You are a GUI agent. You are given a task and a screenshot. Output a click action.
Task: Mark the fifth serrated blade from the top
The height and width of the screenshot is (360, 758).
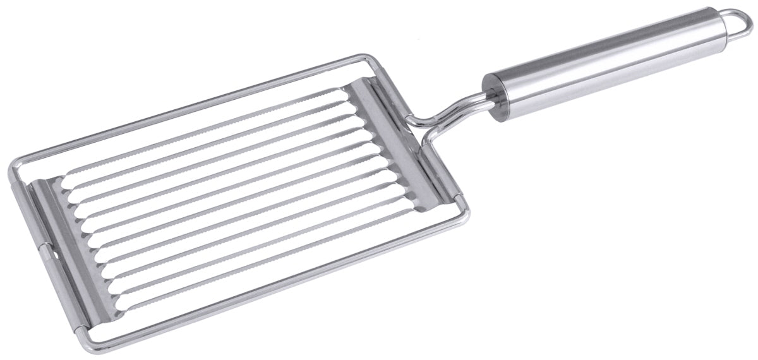coord(221,183)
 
